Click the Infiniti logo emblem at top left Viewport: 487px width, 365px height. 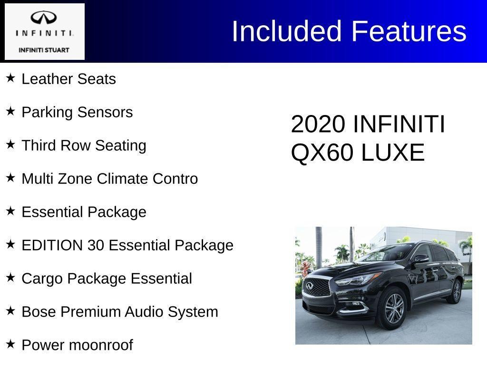(44, 18)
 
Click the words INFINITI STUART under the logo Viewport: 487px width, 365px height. (44, 50)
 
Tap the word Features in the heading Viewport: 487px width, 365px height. (409, 31)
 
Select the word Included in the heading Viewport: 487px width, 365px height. (287, 31)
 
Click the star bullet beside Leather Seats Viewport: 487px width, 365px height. (10, 77)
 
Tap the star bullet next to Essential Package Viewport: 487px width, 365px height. (10, 211)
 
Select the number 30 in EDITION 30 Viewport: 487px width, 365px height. (96, 245)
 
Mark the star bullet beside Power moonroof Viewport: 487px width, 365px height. (10, 344)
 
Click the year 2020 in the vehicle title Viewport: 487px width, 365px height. (318, 125)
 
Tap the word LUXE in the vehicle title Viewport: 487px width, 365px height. (393, 153)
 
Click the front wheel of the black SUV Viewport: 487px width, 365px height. (393, 308)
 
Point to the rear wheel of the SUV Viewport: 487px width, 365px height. (456, 291)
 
